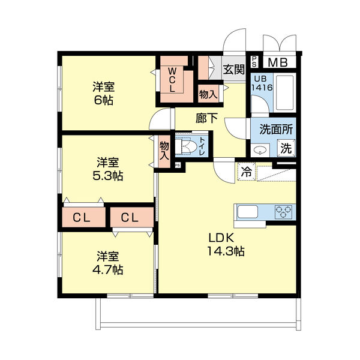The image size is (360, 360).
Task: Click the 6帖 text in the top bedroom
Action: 104,100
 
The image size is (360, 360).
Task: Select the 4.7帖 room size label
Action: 109,270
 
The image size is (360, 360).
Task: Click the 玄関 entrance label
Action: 234,69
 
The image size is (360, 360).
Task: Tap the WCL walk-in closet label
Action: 172,79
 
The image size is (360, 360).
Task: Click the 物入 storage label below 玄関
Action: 208,94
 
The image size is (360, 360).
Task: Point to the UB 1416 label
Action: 262,83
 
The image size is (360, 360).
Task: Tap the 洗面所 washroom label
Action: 275,128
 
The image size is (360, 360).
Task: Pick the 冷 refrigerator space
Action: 247,172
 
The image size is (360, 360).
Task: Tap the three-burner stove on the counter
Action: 284,212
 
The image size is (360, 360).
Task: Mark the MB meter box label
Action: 277,62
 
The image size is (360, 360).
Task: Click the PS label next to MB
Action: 255,61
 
